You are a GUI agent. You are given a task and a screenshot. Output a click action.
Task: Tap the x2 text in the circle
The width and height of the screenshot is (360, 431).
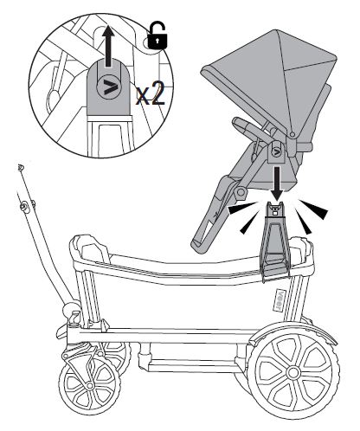tap(151, 93)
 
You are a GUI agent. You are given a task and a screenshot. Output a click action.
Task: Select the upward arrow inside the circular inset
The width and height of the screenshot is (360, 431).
tap(108, 46)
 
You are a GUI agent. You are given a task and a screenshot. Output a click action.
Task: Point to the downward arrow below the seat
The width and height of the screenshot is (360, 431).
tap(277, 183)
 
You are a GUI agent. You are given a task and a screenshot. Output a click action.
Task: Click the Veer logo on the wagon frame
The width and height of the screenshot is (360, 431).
tap(278, 299)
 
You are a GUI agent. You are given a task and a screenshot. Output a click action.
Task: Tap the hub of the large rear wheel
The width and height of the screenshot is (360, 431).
tap(293, 372)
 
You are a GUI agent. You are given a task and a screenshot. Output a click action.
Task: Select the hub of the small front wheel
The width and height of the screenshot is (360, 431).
tap(89, 386)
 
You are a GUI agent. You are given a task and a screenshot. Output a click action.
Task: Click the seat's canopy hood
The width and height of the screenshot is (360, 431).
tap(274, 84)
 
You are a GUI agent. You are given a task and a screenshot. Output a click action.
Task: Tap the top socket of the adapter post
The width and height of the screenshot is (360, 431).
tap(275, 209)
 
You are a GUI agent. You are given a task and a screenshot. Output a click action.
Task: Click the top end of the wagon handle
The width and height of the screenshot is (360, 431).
tap(20, 167)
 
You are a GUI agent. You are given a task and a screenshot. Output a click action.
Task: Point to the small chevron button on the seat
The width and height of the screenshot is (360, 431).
tap(276, 152)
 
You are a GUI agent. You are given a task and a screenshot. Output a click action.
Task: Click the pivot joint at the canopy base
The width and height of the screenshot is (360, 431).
tap(292, 134)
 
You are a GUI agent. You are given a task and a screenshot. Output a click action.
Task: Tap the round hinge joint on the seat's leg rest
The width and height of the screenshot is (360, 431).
tap(241, 193)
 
